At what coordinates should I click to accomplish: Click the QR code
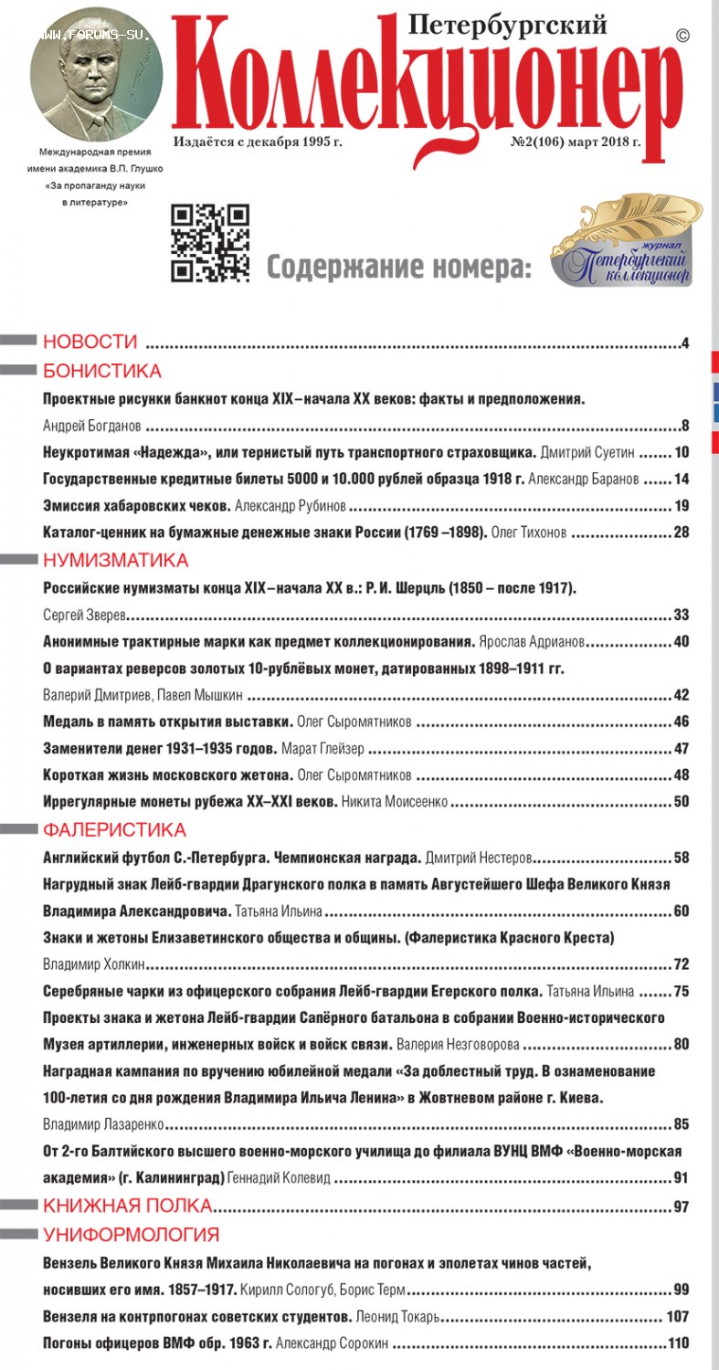(210, 243)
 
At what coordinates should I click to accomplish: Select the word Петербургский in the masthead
(508, 26)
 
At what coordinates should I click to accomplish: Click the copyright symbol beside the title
(682, 35)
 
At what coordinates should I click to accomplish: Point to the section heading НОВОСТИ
(90, 342)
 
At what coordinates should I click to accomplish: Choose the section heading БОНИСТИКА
(102, 371)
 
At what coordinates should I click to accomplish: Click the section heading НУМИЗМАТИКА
(115, 560)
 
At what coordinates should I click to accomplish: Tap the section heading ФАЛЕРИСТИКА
(114, 829)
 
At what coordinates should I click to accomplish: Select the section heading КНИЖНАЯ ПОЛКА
(127, 1206)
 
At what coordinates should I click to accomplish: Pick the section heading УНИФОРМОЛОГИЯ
(131, 1235)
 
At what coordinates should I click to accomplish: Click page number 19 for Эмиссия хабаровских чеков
(681, 507)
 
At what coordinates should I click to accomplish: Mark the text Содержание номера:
(398, 268)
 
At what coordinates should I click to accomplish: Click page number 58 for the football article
(681, 858)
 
